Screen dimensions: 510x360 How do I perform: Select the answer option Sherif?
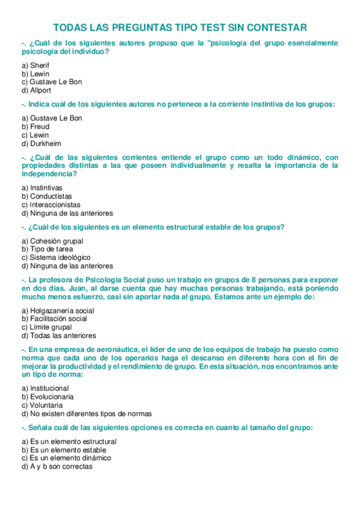[x=35, y=65]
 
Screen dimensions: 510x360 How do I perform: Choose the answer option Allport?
[x=36, y=90]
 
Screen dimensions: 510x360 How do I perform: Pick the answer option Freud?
[x=35, y=127]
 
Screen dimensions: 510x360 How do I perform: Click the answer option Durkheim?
[x=40, y=144]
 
